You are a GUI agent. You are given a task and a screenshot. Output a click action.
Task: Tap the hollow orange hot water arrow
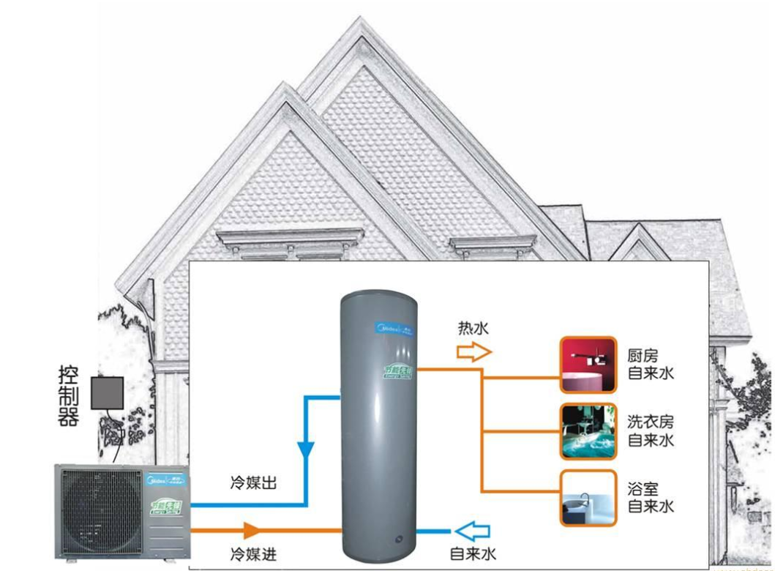click(x=472, y=352)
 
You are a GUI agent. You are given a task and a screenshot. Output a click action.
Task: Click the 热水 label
click(x=473, y=328)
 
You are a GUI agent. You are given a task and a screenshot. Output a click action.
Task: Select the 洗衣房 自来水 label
click(x=651, y=431)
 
